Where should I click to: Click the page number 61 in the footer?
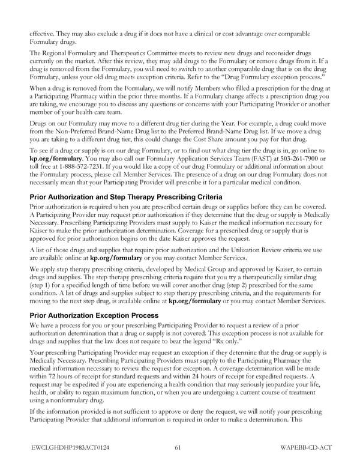(x=179, y=446)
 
